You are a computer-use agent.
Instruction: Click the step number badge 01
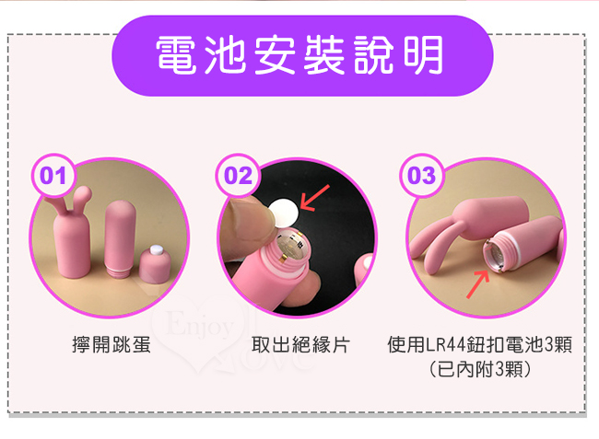[x=53, y=176]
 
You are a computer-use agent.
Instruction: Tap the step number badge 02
[x=238, y=176]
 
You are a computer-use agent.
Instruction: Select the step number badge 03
[x=421, y=176]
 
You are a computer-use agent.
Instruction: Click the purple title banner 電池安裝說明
[x=302, y=56]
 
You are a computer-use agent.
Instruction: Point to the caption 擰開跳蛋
[x=112, y=345]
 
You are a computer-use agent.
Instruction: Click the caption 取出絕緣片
[x=300, y=345]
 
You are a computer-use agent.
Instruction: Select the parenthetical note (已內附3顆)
[x=480, y=369]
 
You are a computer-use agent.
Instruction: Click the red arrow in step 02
[x=314, y=198]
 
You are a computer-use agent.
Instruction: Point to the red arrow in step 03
[x=477, y=283]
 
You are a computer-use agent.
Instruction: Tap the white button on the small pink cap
[x=157, y=250]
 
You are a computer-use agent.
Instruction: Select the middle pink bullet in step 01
[x=120, y=238]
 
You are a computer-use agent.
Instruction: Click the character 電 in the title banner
[x=177, y=55]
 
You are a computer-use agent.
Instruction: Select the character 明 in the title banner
[x=423, y=55]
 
